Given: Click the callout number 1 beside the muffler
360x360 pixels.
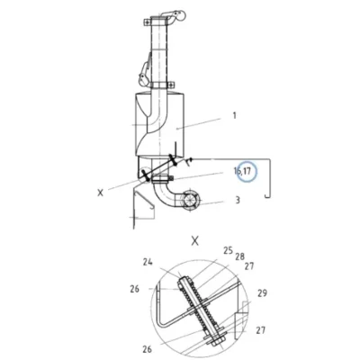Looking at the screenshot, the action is click(235, 115).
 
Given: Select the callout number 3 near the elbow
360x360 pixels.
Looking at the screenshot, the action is click(238, 200).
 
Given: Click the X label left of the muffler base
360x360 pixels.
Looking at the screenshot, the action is click(100, 193).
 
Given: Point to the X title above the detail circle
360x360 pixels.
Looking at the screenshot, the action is click(195, 240).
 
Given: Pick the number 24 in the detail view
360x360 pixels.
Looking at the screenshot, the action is click(148, 262).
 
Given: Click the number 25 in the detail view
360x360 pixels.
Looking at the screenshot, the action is click(228, 250).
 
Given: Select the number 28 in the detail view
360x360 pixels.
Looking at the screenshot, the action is click(239, 256).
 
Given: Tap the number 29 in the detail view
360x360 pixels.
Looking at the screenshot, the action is click(262, 292).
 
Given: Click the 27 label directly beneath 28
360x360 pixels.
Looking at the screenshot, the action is click(249, 265).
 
